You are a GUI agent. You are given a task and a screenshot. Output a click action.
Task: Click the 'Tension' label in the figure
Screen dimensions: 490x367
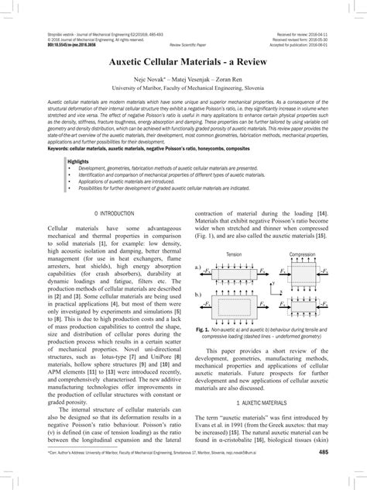(x=234, y=254)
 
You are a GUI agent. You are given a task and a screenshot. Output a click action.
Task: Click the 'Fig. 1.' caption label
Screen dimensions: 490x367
(x=204, y=329)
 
